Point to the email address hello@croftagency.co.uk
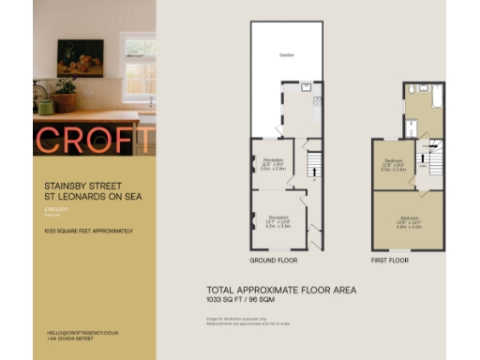(82, 333)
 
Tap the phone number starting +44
(69, 338)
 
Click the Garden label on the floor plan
(286, 55)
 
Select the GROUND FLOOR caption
(274, 260)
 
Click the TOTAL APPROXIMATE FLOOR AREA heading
(280, 291)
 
